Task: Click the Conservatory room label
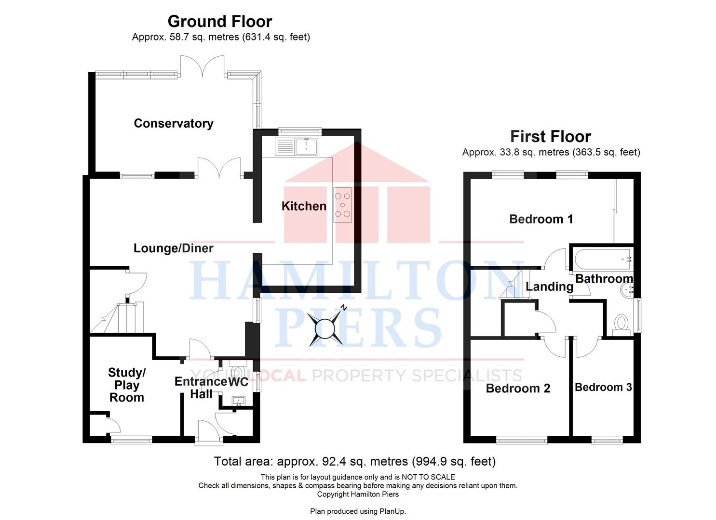tap(174, 123)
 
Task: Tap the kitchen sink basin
tap(306, 146)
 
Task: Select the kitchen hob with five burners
tap(342, 205)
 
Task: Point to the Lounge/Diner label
tap(173, 248)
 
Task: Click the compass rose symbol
tap(325, 328)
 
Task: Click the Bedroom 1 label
tap(541, 219)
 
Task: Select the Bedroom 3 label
tap(603, 387)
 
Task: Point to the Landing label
tap(550, 286)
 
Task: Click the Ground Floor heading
tap(220, 21)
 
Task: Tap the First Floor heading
tap(551, 136)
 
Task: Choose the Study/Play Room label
tap(127, 385)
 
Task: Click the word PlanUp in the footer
tap(392, 511)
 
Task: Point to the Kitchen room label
tap(304, 206)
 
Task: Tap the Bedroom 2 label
tap(518, 389)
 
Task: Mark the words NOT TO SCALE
tap(428, 477)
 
